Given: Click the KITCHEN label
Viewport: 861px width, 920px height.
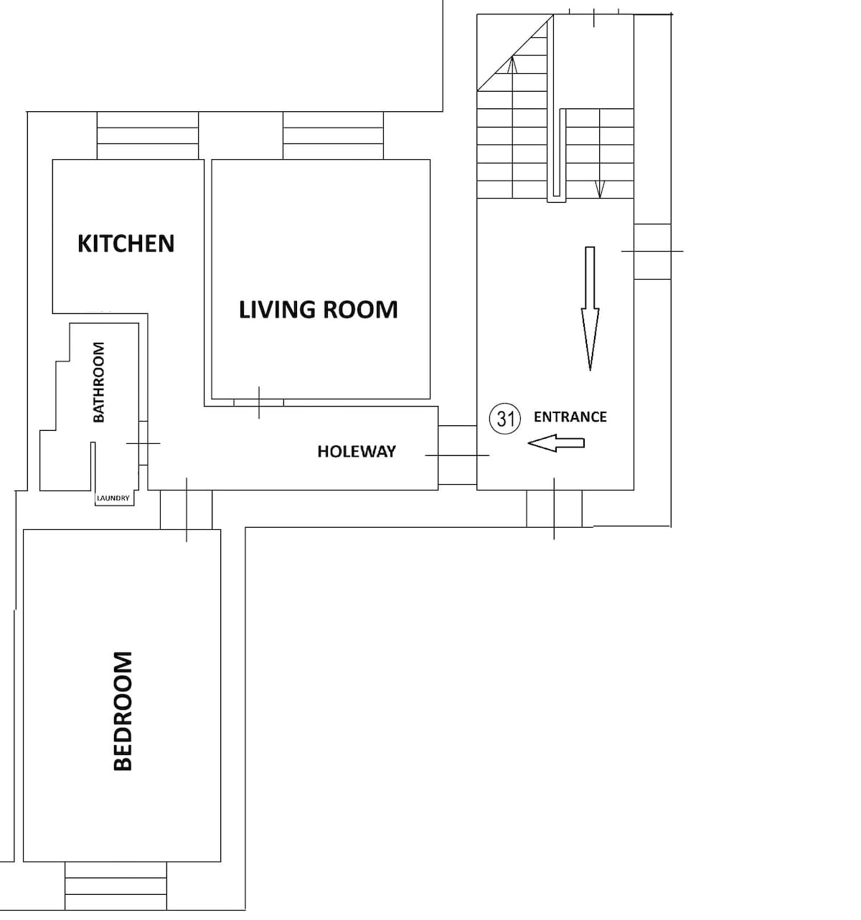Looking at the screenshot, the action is pyautogui.click(x=126, y=244).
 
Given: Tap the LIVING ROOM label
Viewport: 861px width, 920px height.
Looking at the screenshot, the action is pyautogui.click(x=318, y=310).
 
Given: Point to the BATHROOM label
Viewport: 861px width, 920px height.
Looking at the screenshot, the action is pyautogui.click(x=99, y=382).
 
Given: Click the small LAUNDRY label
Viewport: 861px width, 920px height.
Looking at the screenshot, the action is pyautogui.click(x=113, y=498).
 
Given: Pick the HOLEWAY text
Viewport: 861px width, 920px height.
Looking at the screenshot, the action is pyautogui.click(x=357, y=452).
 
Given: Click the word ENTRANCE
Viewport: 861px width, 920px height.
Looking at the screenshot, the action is pyautogui.click(x=570, y=417).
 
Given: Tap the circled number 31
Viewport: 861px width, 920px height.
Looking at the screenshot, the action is pyautogui.click(x=505, y=419).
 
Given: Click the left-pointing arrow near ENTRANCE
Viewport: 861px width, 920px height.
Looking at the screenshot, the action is pyautogui.click(x=556, y=443).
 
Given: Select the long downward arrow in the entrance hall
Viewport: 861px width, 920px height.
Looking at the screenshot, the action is pyautogui.click(x=590, y=308).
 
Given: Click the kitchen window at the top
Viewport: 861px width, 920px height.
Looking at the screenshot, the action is pyautogui.click(x=147, y=136).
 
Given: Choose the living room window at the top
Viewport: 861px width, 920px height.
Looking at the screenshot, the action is pyautogui.click(x=334, y=136).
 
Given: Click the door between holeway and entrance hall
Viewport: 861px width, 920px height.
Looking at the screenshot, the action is pyautogui.click(x=457, y=455).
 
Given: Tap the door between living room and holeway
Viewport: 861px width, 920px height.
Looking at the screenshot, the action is pyautogui.click(x=259, y=402).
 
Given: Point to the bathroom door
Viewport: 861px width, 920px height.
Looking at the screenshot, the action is pyautogui.click(x=143, y=443).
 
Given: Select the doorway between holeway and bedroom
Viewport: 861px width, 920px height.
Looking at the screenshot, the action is pyautogui.click(x=187, y=510).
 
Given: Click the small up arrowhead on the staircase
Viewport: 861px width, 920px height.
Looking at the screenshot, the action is pyautogui.click(x=512, y=65).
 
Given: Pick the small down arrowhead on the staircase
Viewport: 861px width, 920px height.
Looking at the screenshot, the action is pyautogui.click(x=600, y=189).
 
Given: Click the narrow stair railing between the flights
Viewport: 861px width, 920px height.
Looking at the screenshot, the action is pyautogui.click(x=556, y=156).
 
